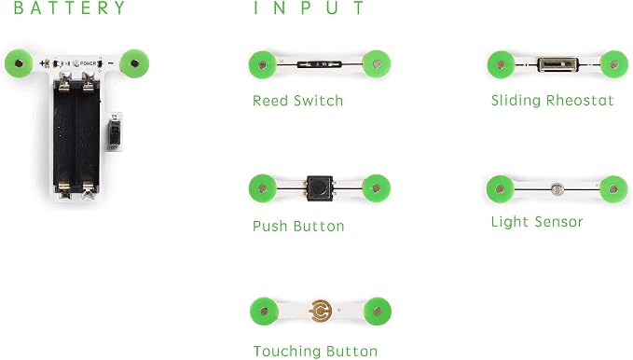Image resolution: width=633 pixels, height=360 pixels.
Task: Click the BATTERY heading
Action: (x=69, y=7)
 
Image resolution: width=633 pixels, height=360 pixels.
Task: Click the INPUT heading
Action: (x=309, y=7)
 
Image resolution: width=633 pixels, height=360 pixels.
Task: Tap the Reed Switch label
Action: (x=298, y=101)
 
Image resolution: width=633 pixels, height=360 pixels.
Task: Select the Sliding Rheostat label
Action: (x=552, y=101)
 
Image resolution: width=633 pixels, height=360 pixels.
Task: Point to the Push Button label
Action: (x=298, y=226)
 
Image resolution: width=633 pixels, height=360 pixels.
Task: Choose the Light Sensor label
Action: (x=537, y=222)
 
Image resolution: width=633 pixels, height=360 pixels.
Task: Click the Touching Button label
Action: (x=315, y=351)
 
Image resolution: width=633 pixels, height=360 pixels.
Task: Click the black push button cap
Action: (x=320, y=187)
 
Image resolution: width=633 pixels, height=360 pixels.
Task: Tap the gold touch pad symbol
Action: (x=321, y=312)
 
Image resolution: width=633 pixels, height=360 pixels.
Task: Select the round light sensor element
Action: (x=557, y=189)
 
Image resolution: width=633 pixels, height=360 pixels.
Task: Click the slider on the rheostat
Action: (x=557, y=64)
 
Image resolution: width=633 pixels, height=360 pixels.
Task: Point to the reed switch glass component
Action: (x=320, y=64)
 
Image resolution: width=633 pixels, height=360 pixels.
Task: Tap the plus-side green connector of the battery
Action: (x=19, y=63)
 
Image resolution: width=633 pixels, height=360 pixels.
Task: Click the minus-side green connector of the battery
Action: (x=135, y=63)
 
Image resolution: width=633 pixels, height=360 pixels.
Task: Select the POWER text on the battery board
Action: (x=88, y=63)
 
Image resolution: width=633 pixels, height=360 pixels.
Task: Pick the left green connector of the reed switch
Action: (x=262, y=64)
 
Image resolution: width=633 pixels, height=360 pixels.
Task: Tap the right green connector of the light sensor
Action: (x=613, y=189)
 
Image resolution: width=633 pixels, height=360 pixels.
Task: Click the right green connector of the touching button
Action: (x=377, y=312)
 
